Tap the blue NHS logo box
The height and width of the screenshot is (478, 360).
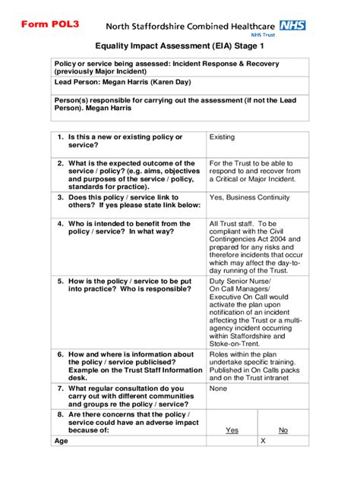point(292,25)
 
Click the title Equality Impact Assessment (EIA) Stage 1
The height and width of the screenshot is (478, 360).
point(179,47)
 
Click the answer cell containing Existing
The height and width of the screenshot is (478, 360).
point(223,137)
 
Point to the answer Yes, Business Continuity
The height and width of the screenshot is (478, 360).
point(249,197)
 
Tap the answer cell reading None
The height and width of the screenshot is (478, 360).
point(219,388)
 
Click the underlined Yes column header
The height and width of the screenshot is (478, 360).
point(232,430)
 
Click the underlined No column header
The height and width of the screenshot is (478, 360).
point(283,430)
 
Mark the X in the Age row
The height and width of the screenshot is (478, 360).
point(263,441)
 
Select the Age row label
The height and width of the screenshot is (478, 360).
point(62,441)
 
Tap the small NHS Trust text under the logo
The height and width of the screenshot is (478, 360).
point(292,36)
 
